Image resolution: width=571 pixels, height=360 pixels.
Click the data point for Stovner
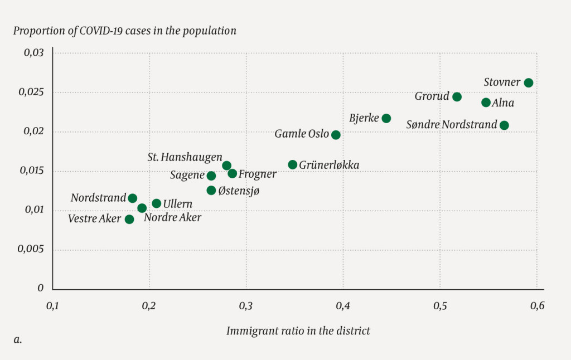coord(529,83)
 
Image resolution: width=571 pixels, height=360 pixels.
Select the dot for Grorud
coord(457,97)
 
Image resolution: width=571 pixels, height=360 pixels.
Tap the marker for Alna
coord(486,103)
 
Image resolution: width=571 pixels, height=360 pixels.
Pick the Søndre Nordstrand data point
coord(504,125)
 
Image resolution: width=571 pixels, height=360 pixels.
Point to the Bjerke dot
coord(386,118)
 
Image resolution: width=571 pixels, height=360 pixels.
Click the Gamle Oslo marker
coord(336,135)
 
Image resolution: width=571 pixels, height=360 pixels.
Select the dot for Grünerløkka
coord(293,164)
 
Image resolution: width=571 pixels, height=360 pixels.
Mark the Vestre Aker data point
coord(129,220)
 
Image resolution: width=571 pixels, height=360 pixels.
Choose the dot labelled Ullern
coord(156,203)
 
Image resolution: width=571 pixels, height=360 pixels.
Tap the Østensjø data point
coord(211,191)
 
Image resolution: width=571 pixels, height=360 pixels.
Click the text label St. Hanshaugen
coord(185,157)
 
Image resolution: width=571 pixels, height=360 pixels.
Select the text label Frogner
coord(257,174)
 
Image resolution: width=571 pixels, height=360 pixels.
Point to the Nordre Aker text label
coord(172,218)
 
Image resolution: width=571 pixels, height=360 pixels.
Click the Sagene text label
coord(187,176)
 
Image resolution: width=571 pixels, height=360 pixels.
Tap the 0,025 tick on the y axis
coord(31,93)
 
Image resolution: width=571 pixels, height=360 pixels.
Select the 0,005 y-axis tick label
coord(31,250)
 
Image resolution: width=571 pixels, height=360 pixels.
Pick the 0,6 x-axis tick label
coord(537,306)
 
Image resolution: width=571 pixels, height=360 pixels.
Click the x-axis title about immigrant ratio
coord(298,330)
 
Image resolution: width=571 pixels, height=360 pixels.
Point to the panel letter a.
coord(17,338)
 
